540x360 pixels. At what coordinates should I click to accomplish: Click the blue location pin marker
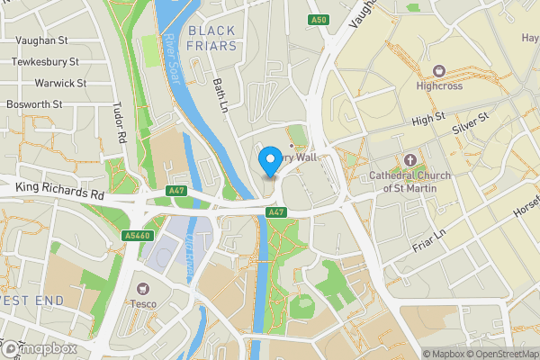(269, 162)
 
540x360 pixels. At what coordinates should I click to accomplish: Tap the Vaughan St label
(39, 41)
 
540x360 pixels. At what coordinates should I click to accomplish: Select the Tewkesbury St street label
(45, 62)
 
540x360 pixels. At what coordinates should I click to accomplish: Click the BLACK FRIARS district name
(211, 38)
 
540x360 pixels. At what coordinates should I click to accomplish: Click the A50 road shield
(316, 20)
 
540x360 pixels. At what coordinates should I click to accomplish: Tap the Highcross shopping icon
(438, 71)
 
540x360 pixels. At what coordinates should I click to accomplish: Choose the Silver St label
(470, 123)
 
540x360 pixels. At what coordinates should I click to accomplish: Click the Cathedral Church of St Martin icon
(409, 159)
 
